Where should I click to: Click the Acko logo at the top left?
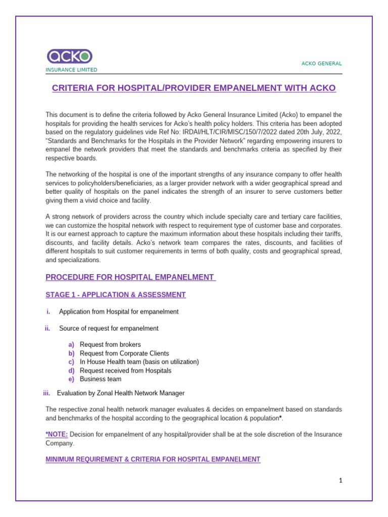click(70, 56)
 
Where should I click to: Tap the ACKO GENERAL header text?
click(321, 64)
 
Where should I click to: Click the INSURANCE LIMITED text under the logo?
click(71, 70)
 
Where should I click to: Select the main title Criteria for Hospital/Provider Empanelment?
click(194, 88)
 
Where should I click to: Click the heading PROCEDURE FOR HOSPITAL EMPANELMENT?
click(130, 277)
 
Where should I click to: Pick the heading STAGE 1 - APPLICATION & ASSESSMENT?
click(115, 294)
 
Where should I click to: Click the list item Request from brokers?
click(110, 344)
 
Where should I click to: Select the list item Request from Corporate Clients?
click(124, 353)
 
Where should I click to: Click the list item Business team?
click(101, 379)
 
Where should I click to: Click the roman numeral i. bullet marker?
click(49, 312)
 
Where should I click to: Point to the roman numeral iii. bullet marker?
click(47, 393)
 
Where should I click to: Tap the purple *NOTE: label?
click(57, 434)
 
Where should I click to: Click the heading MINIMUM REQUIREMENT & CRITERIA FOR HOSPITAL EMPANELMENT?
click(153, 459)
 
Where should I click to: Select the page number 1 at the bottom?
click(341, 481)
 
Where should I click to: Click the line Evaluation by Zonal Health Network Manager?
click(121, 393)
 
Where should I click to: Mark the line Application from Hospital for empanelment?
click(119, 312)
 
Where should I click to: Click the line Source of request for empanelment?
click(109, 328)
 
